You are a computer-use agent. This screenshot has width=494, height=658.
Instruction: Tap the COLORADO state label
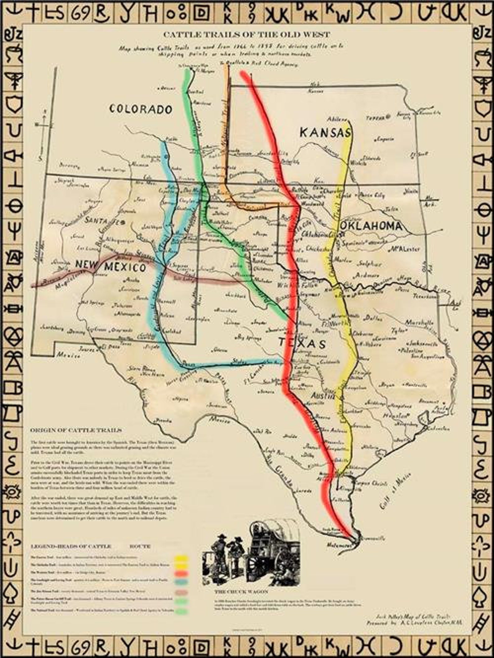(x=141, y=109)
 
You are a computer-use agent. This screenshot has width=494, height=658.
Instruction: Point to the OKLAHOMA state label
(x=371, y=226)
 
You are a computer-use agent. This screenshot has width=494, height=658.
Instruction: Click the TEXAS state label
(x=302, y=343)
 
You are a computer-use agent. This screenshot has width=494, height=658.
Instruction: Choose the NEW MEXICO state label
(x=111, y=267)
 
